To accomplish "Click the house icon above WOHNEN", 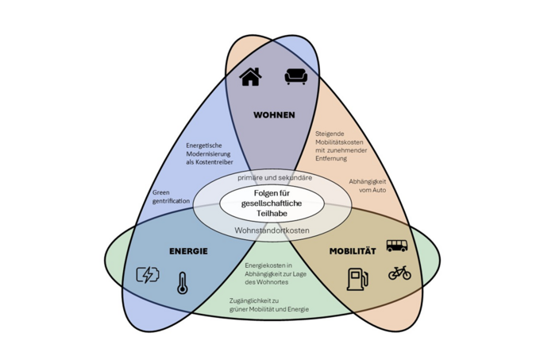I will (250, 76).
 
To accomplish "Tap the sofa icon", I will (295, 76).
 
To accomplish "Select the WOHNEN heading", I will (274, 115).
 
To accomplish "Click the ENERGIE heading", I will (188, 251).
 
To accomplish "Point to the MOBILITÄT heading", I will (353, 251).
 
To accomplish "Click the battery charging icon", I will (148, 275).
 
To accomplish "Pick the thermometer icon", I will (183, 283).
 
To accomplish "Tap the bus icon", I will (397, 246).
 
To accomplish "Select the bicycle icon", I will (399, 273).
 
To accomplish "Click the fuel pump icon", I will (357, 279).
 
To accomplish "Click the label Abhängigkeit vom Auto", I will (367, 187).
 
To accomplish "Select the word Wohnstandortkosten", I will (272, 230).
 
